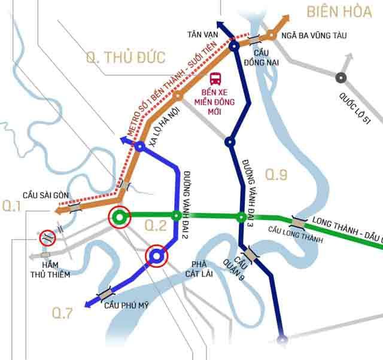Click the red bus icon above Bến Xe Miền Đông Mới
[x=215, y=78]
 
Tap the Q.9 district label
[x=277, y=175]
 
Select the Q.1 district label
[x=12, y=206]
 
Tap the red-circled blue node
[x=157, y=257]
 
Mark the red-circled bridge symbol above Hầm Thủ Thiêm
[x=48, y=237]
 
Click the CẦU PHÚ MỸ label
[x=126, y=306]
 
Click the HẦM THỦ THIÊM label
[x=52, y=270]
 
